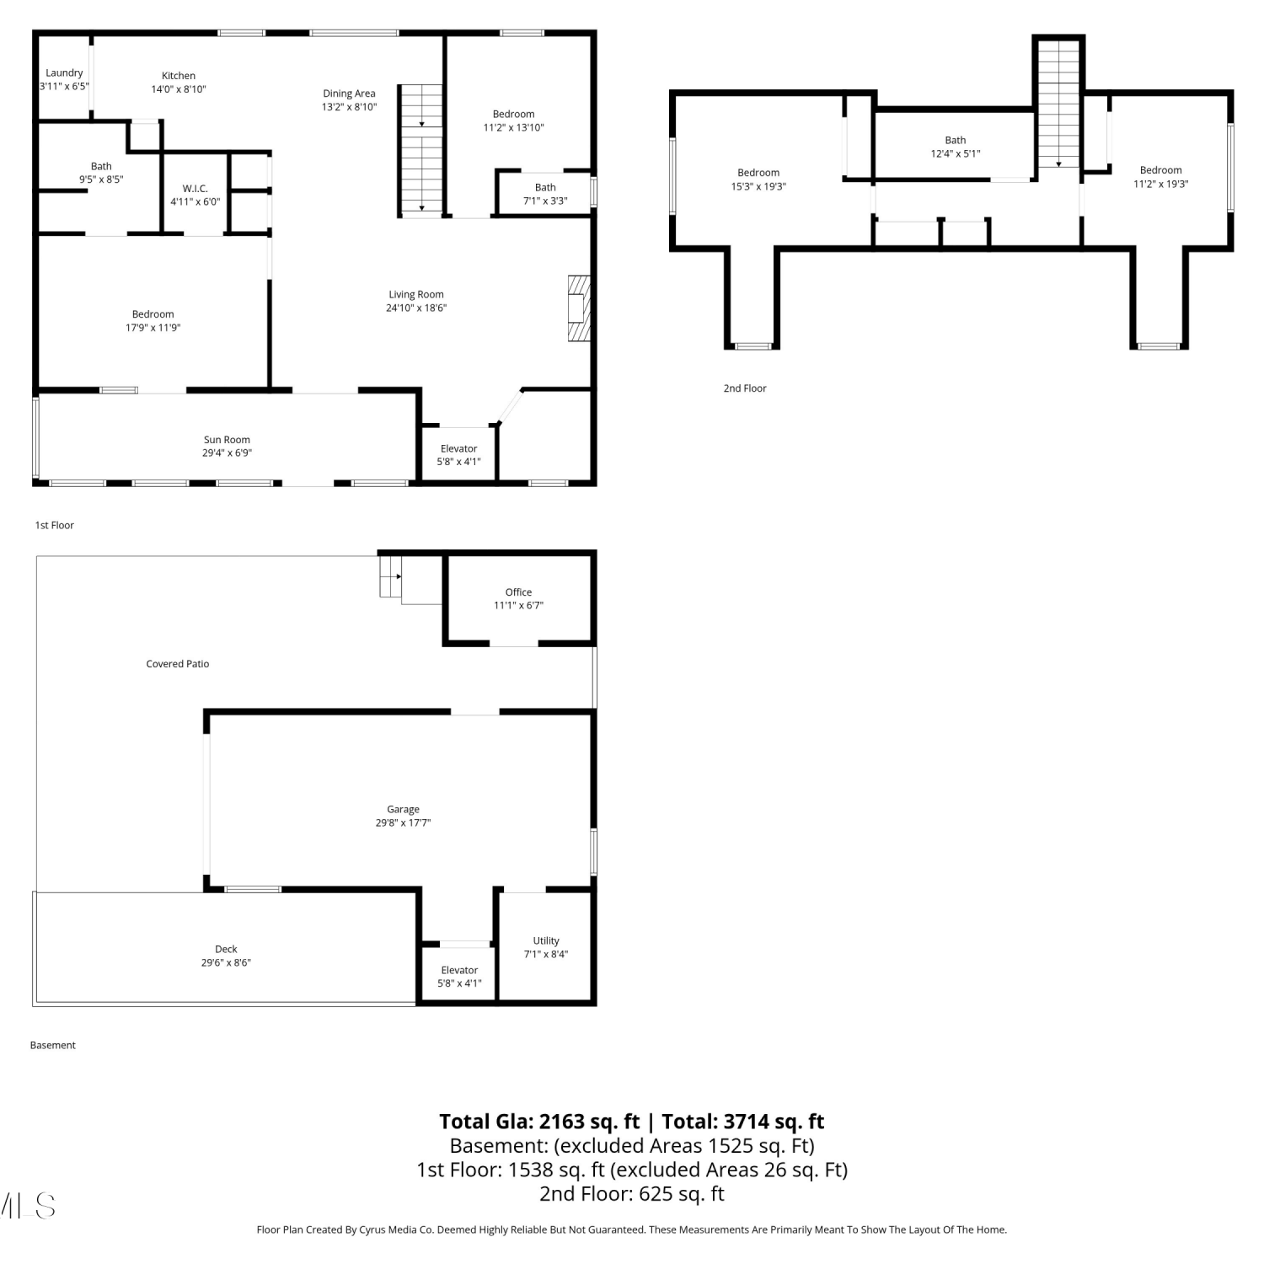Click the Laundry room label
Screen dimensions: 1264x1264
[64, 73]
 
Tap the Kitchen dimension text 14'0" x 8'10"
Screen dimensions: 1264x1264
[179, 89]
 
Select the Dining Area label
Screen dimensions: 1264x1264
[349, 94]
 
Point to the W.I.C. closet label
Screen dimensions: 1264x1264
[195, 189]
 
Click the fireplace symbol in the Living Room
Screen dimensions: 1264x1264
[579, 308]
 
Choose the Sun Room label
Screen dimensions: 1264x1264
[227, 440]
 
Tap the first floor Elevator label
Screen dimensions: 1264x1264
[459, 449]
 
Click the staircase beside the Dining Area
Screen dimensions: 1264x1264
[420, 149]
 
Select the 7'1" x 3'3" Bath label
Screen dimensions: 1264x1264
[545, 195]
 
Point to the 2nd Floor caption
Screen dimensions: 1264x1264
[745, 388]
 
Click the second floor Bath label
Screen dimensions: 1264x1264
[956, 141]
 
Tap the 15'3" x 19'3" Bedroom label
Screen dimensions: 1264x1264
[758, 179]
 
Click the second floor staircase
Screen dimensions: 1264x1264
[1058, 103]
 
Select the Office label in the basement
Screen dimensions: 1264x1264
[519, 592]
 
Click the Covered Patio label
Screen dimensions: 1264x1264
[178, 664]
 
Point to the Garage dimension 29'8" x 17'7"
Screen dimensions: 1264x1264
[403, 823]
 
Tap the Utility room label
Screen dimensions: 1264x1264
[546, 941]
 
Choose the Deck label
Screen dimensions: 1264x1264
[226, 950]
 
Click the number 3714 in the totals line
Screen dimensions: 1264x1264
[747, 1122]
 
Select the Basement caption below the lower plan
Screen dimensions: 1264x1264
[53, 1046]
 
